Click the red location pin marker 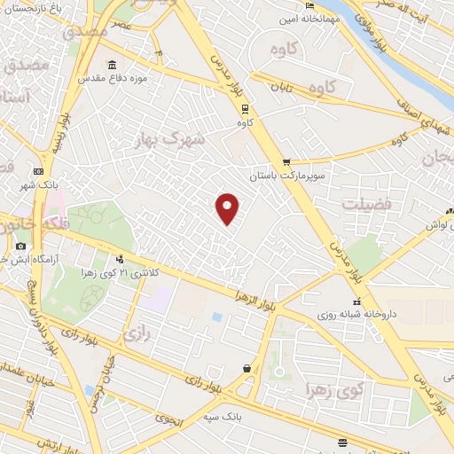coord(228,207)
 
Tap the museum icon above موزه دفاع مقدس coord(112,67)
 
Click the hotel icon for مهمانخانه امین coord(309,17)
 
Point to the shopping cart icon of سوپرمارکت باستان coord(286,161)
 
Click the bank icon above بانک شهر coord(38,171)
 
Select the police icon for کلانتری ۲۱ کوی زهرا coord(120,259)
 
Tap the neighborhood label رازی coord(135,334)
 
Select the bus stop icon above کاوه coord(245,108)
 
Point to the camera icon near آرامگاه coord(20,246)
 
